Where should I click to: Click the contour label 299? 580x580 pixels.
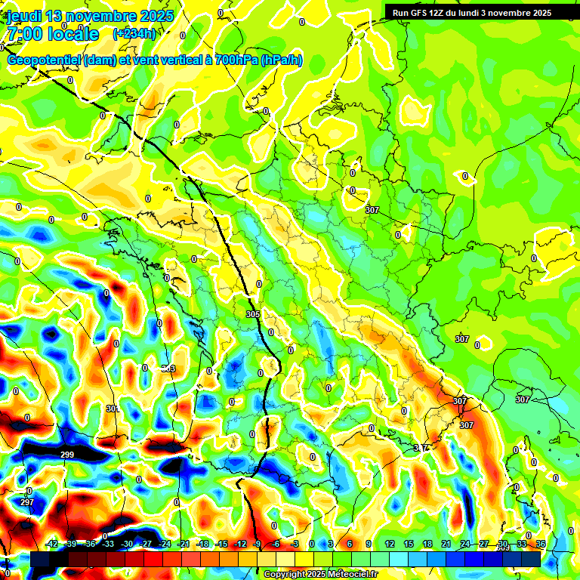coord(67,455)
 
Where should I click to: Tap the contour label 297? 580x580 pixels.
coord(27,502)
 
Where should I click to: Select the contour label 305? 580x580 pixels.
coord(253,313)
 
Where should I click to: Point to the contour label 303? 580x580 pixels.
coord(168,369)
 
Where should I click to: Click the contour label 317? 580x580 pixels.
coord(421,448)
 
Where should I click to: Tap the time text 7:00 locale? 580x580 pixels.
coord(52,34)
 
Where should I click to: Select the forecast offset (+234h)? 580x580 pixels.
coord(134,33)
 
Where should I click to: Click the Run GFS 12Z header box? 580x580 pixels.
coord(472,13)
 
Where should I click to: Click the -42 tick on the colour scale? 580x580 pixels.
coord(52,544)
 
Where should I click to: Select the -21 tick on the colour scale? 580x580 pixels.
coord(184,544)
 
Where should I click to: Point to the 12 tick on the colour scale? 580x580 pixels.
coord(390,544)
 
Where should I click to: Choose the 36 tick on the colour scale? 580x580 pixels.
coord(540,544)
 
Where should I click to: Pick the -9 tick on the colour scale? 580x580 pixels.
coord(258,544)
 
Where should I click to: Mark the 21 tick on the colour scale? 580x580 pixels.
coord(446,544)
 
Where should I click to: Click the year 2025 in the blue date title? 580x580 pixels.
coord(156,16)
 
